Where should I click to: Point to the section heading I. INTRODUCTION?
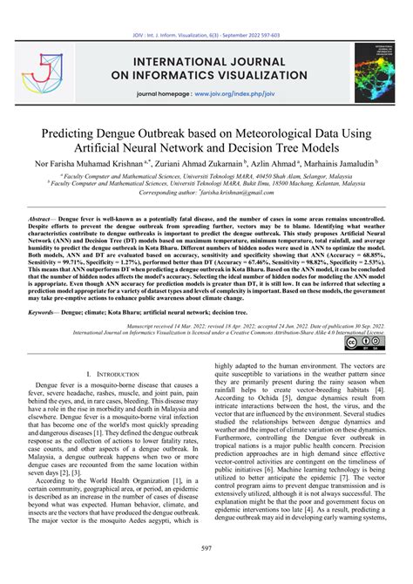pyautogui.click(x=112, y=373)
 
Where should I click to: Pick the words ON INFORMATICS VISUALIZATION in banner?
pyautogui.click(x=206, y=74)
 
